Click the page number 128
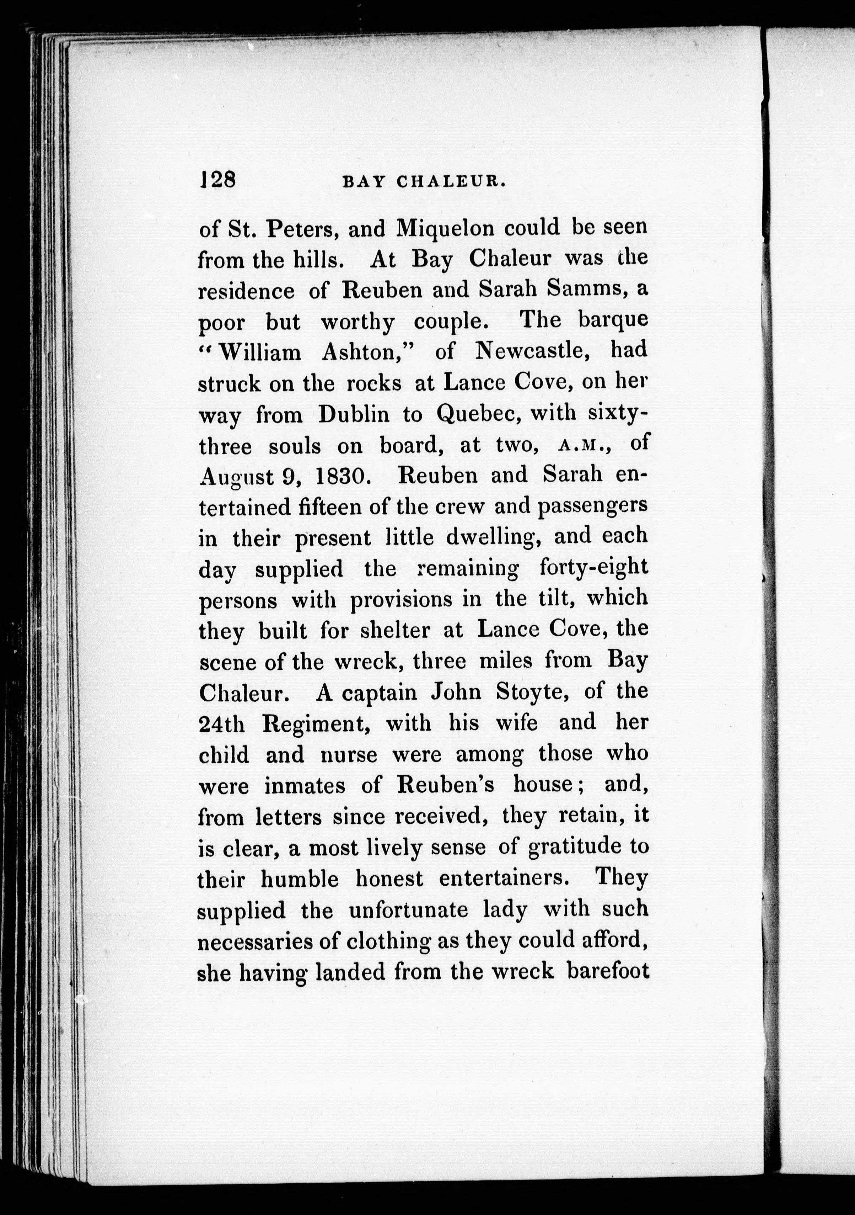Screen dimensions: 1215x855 218,180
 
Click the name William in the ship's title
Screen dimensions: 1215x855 259,352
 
